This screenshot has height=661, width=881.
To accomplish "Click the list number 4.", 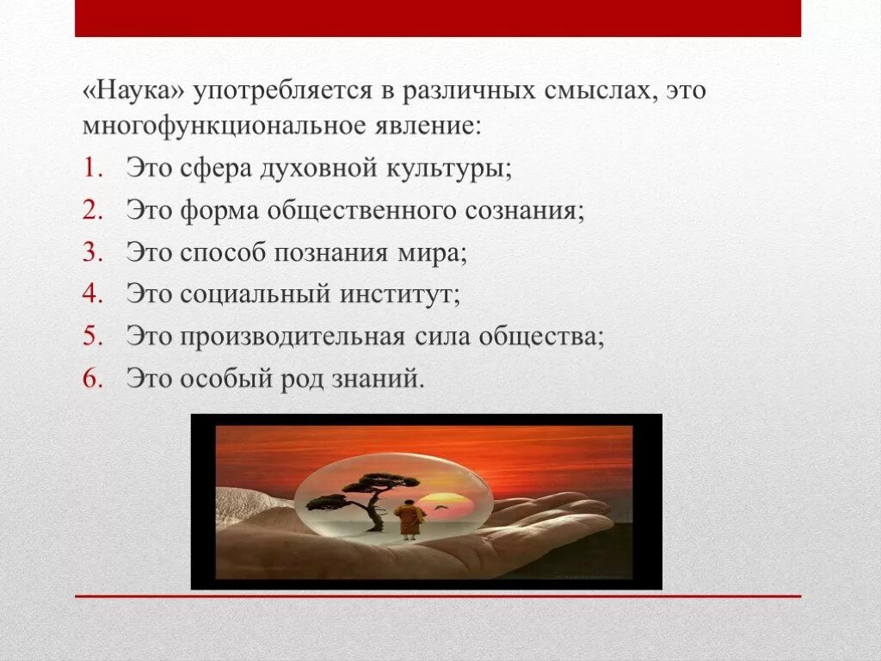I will pyautogui.click(x=92, y=293).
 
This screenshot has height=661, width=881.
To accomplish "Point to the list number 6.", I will pyautogui.click(x=92, y=378).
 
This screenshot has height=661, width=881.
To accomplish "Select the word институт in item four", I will pyautogui.click(x=400, y=293).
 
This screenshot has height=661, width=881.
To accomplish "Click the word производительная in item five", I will pyautogui.click(x=293, y=336).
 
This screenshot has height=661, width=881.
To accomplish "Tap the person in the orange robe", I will pyautogui.click(x=409, y=519).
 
